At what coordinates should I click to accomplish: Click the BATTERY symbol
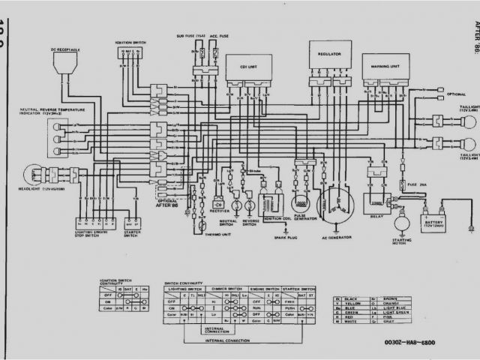coord(434,220)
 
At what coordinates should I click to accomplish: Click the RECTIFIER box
coord(218,205)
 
